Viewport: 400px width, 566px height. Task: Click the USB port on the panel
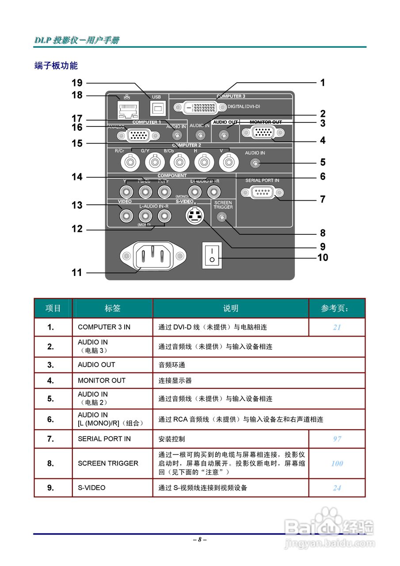tap(156, 107)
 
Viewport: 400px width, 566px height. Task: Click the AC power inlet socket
tap(153, 256)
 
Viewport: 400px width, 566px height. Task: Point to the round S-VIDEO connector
tap(195, 215)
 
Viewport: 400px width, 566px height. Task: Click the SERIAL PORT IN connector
tap(263, 192)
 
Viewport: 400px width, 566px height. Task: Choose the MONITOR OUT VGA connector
tap(263, 133)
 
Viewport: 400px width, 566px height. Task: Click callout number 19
tap(77, 83)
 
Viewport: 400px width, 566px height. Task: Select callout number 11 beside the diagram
tap(77, 273)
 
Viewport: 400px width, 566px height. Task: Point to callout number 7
tap(323, 199)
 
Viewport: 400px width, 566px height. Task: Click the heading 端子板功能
tap(56, 66)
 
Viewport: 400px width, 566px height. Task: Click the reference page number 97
tap(337, 439)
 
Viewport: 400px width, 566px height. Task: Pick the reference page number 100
tap(337, 463)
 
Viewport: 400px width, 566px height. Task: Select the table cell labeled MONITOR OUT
tap(102, 380)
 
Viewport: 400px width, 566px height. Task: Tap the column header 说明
tap(230, 308)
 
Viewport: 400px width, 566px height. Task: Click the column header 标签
tap(112, 308)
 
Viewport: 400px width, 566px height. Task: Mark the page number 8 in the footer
tap(200, 539)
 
